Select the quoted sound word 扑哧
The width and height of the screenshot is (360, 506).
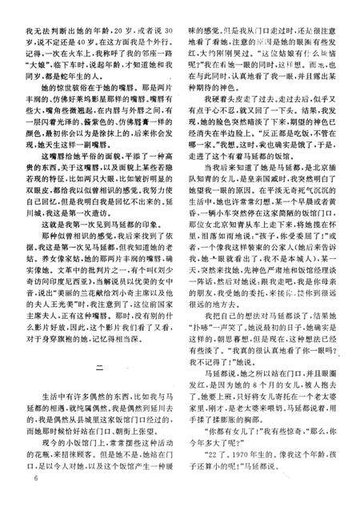click(x=206, y=339)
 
